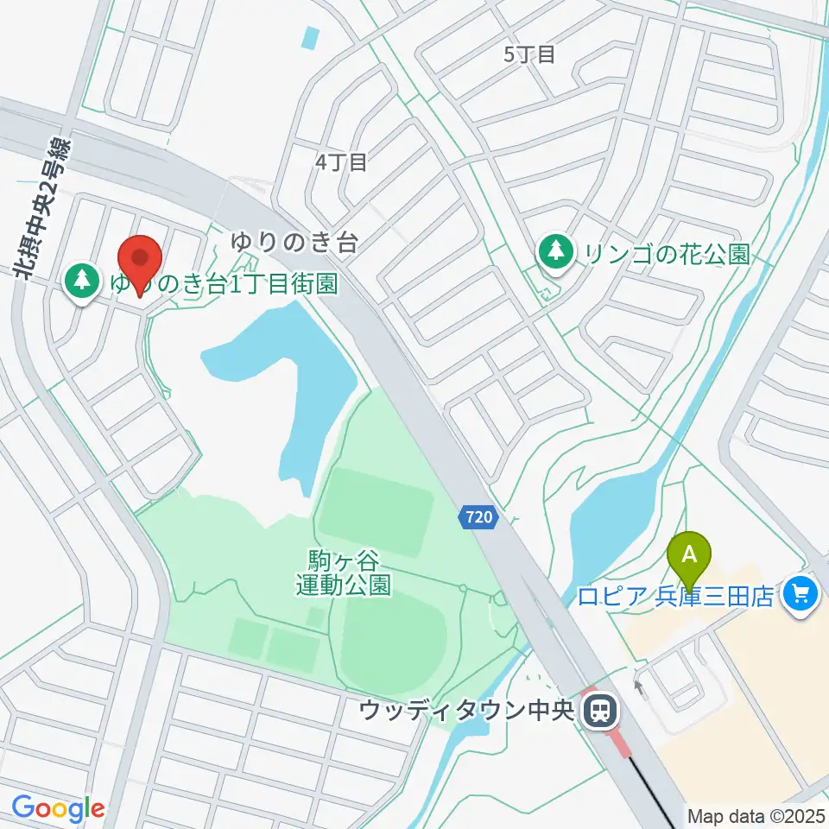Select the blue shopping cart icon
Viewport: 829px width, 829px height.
click(x=800, y=595)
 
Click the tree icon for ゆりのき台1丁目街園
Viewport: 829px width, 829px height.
click(x=83, y=280)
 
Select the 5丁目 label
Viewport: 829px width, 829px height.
click(x=528, y=54)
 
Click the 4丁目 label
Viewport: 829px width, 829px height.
click(x=341, y=161)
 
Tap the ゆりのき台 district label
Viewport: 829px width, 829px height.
click(x=294, y=243)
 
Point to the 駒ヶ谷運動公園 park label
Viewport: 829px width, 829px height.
click(x=343, y=573)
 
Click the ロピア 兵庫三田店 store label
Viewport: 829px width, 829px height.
click(x=675, y=597)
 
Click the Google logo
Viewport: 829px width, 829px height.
click(x=58, y=808)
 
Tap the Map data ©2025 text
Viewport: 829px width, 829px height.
click(x=756, y=815)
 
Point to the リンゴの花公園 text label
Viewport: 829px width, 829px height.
click(x=665, y=253)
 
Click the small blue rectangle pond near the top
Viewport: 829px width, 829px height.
click(x=311, y=38)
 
